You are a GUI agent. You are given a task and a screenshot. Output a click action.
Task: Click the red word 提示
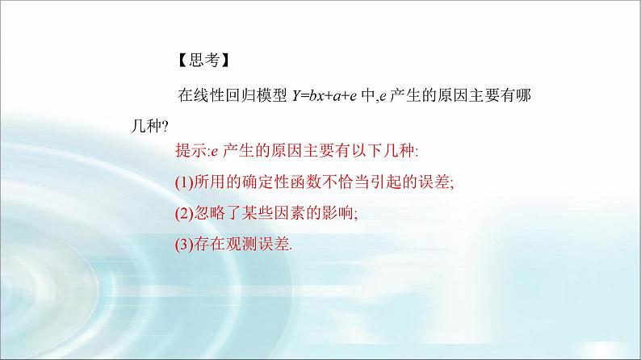pos(191,151)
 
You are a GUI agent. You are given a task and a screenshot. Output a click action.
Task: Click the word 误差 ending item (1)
pos(435,182)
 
